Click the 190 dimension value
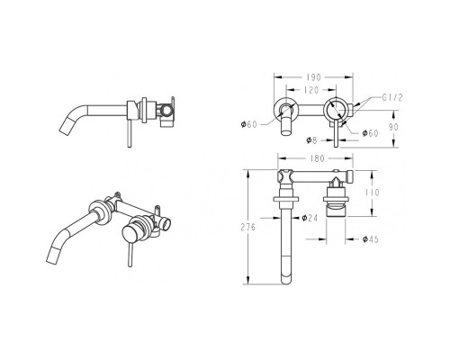click(x=314, y=77)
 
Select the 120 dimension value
click(x=311, y=90)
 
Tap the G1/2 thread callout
click(x=392, y=97)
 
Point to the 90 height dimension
click(x=393, y=127)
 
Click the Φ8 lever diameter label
click(x=311, y=140)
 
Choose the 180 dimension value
click(x=317, y=158)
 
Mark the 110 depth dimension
click(x=372, y=192)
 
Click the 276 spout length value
click(x=248, y=227)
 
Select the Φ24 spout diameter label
click(x=310, y=218)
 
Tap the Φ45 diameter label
click(x=371, y=239)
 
